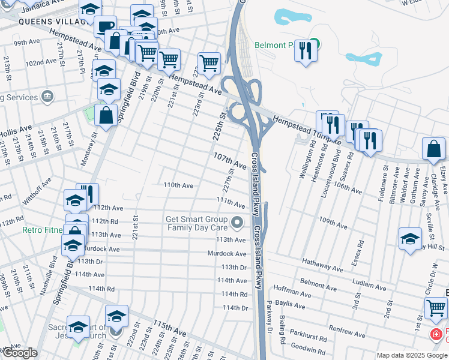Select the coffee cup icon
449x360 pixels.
click(106, 27)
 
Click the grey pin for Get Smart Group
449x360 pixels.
click(238, 223)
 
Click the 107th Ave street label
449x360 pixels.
click(231, 160)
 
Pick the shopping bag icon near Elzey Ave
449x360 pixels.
click(433, 149)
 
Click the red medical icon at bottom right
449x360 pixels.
click(436, 334)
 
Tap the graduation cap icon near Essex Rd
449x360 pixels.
click(410, 238)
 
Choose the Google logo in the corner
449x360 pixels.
click(20, 353)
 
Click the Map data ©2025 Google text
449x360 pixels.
click(411, 355)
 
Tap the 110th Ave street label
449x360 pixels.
click(178, 186)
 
